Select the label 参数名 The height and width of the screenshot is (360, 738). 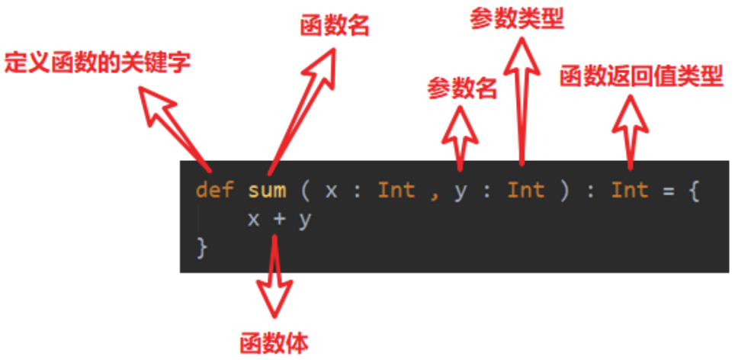[461, 88]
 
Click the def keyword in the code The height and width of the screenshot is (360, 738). [213, 190]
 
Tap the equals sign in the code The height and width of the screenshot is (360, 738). [668, 190]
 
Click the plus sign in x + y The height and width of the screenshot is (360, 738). [279, 219]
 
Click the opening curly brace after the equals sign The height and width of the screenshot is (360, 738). [692, 190]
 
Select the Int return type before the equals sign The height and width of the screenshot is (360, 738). [629, 190]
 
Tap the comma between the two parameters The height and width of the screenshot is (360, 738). [434, 192]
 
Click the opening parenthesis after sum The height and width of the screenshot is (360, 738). [304, 190]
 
